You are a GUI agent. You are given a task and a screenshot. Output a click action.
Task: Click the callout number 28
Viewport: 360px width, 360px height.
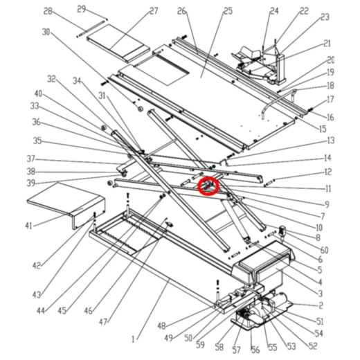point(48,11)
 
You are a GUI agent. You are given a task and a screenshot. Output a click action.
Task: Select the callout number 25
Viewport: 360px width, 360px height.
point(208,12)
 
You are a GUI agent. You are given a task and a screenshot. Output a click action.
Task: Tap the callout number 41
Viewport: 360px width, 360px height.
point(28,226)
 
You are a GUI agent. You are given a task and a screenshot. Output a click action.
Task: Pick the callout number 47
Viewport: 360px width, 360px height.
point(103,323)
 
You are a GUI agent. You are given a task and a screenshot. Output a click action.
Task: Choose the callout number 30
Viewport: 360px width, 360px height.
point(46,32)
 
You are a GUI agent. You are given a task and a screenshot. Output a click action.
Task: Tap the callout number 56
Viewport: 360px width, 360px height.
point(254,350)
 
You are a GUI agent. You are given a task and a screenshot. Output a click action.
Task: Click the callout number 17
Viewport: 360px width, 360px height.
point(330,100)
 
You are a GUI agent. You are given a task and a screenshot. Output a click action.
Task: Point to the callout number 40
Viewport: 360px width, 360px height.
point(38,93)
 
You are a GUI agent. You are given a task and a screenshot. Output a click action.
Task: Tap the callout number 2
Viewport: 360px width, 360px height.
point(320,305)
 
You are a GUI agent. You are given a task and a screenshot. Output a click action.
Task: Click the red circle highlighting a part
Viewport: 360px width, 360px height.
point(208,186)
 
